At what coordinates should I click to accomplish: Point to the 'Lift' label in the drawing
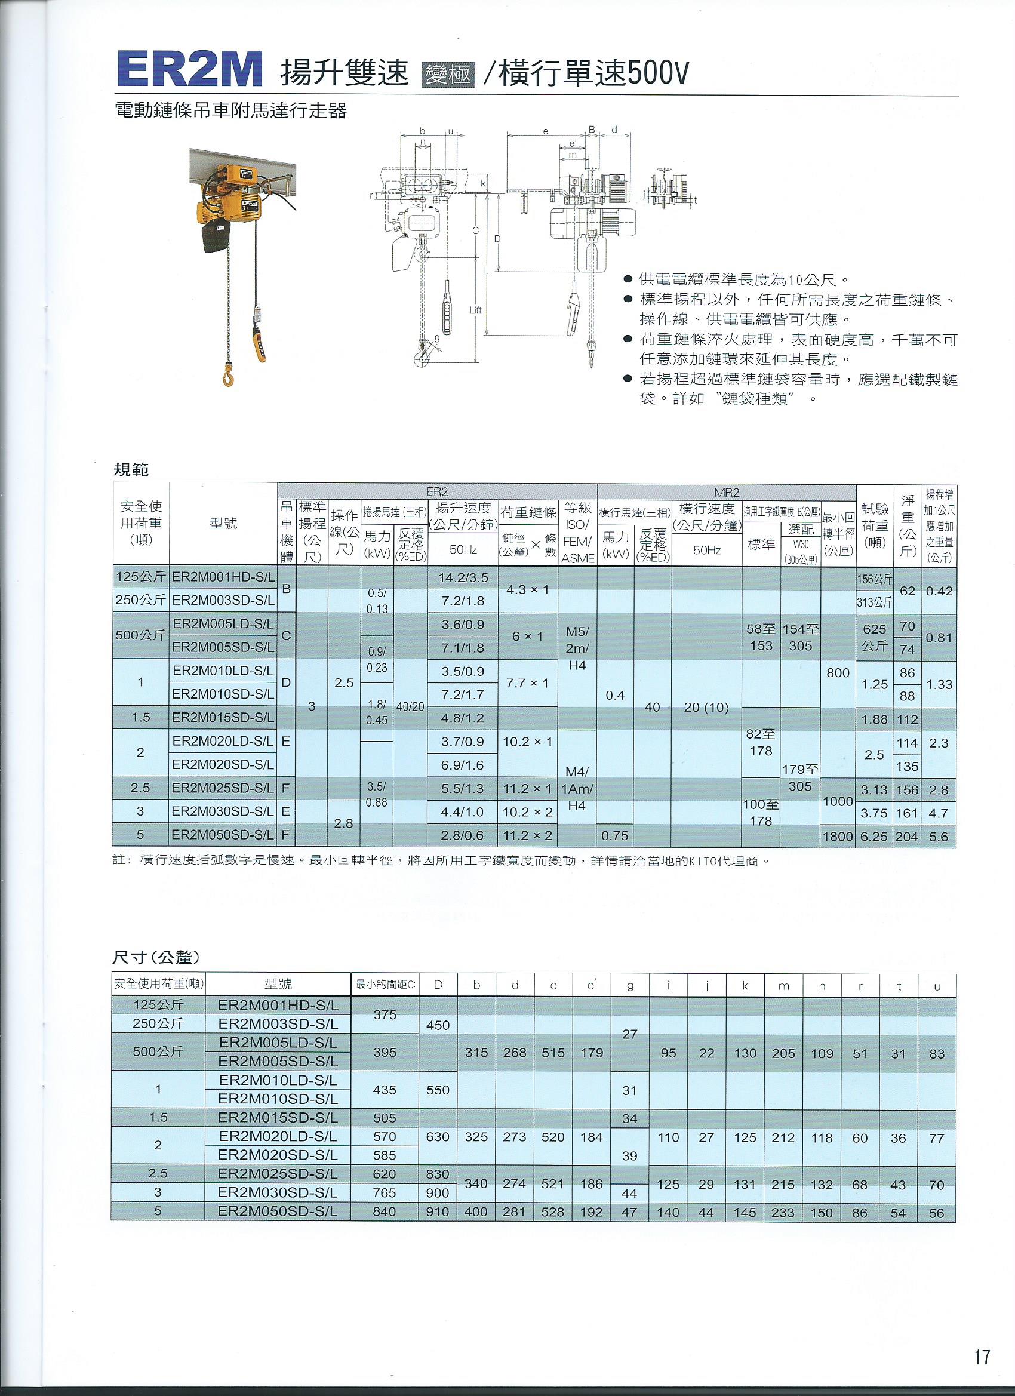click(475, 311)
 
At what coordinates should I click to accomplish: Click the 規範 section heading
click(131, 471)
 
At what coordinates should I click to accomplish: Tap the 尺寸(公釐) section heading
click(158, 957)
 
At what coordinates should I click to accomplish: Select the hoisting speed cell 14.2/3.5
click(463, 578)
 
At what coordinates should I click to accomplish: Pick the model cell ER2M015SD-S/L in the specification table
click(223, 718)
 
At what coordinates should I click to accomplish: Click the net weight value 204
click(908, 837)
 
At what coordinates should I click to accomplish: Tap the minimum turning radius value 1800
click(838, 837)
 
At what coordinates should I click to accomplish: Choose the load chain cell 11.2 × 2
click(528, 837)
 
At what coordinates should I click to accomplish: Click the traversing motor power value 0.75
click(615, 837)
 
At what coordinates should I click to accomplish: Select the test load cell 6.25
click(874, 837)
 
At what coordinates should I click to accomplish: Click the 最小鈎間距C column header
click(385, 985)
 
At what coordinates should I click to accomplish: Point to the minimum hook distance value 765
click(385, 1192)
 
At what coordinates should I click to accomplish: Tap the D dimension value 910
click(438, 1212)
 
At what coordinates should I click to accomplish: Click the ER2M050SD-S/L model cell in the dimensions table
click(278, 1211)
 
